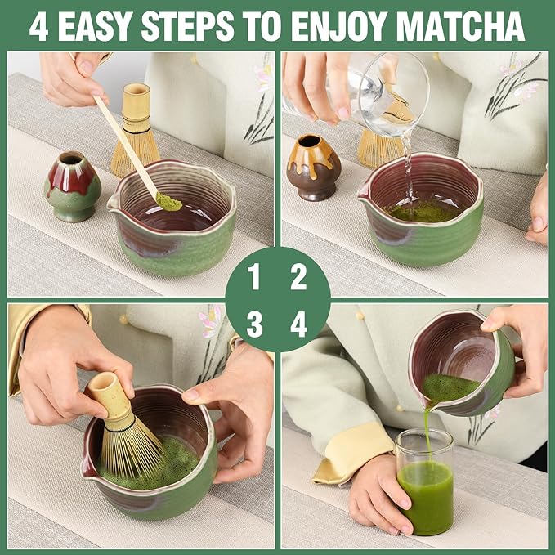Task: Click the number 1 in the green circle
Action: (254, 279)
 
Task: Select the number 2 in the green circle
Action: (299, 279)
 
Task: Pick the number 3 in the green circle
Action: (254, 324)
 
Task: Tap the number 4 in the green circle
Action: (299, 324)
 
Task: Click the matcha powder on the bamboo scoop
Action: (169, 200)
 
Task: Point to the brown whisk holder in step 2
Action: (314, 167)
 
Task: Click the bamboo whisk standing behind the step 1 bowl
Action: (135, 131)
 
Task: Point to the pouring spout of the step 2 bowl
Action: (362, 194)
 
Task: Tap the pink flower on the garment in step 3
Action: (210, 320)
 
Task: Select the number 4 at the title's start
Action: (38, 26)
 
